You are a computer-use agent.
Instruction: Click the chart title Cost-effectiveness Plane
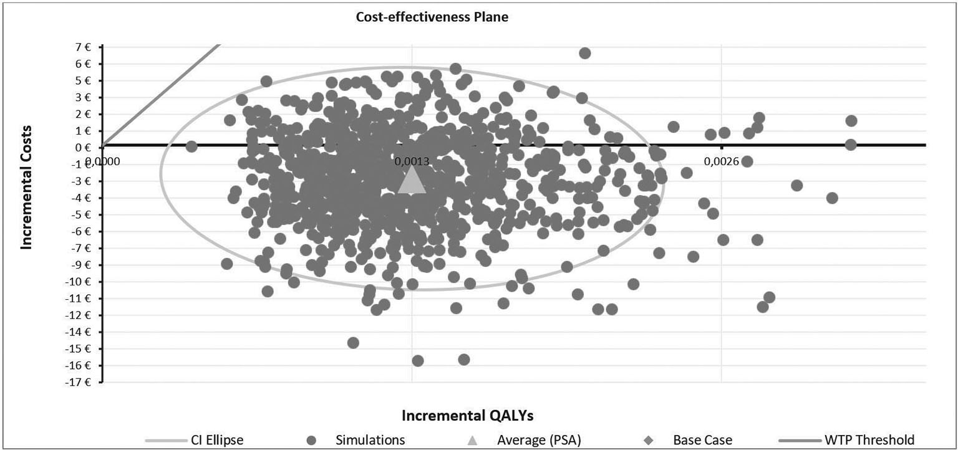pyautogui.click(x=432, y=17)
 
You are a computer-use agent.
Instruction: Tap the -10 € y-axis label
pyautogui.click(x=80, y=281)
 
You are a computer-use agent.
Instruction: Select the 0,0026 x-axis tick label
pyautogui.click(x=722, y=161)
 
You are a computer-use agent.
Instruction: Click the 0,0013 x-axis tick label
pyautogui.click(x=412, y=161)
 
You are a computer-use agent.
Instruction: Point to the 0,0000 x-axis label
pyautogui.click(x=102, y=161)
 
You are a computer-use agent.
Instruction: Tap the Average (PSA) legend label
pyautogui.click(x=539, y=440)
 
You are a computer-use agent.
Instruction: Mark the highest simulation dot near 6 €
pyautogui.click(x=584, y=53)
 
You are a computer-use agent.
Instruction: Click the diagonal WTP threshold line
pyautogui.click(x=162, y=93)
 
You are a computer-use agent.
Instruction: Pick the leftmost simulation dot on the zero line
pyautogui.click(x=191, y=146)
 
